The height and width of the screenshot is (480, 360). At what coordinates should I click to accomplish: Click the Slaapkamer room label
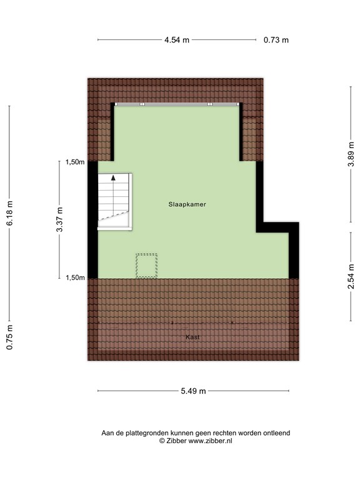187,204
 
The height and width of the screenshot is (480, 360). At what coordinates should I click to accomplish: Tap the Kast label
192,337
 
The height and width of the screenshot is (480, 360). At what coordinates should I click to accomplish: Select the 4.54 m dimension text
177,40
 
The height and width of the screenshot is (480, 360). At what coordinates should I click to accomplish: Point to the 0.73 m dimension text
276,40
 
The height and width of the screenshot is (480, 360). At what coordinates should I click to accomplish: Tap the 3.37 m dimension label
60,219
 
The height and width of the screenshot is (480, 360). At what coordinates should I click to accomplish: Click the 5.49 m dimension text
193,391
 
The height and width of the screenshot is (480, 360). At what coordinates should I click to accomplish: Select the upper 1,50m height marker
75,162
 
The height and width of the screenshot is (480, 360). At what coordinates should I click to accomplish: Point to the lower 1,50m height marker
75,277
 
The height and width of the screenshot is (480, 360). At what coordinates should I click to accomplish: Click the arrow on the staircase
114,178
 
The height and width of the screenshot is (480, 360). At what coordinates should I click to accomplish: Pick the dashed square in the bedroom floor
147,266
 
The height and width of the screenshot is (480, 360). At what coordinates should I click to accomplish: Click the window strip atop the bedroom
177,104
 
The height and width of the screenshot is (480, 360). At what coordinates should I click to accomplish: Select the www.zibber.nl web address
209,441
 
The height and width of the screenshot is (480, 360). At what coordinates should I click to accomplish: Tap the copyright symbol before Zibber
162,441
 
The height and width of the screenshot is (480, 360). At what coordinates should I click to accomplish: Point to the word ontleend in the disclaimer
276,432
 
